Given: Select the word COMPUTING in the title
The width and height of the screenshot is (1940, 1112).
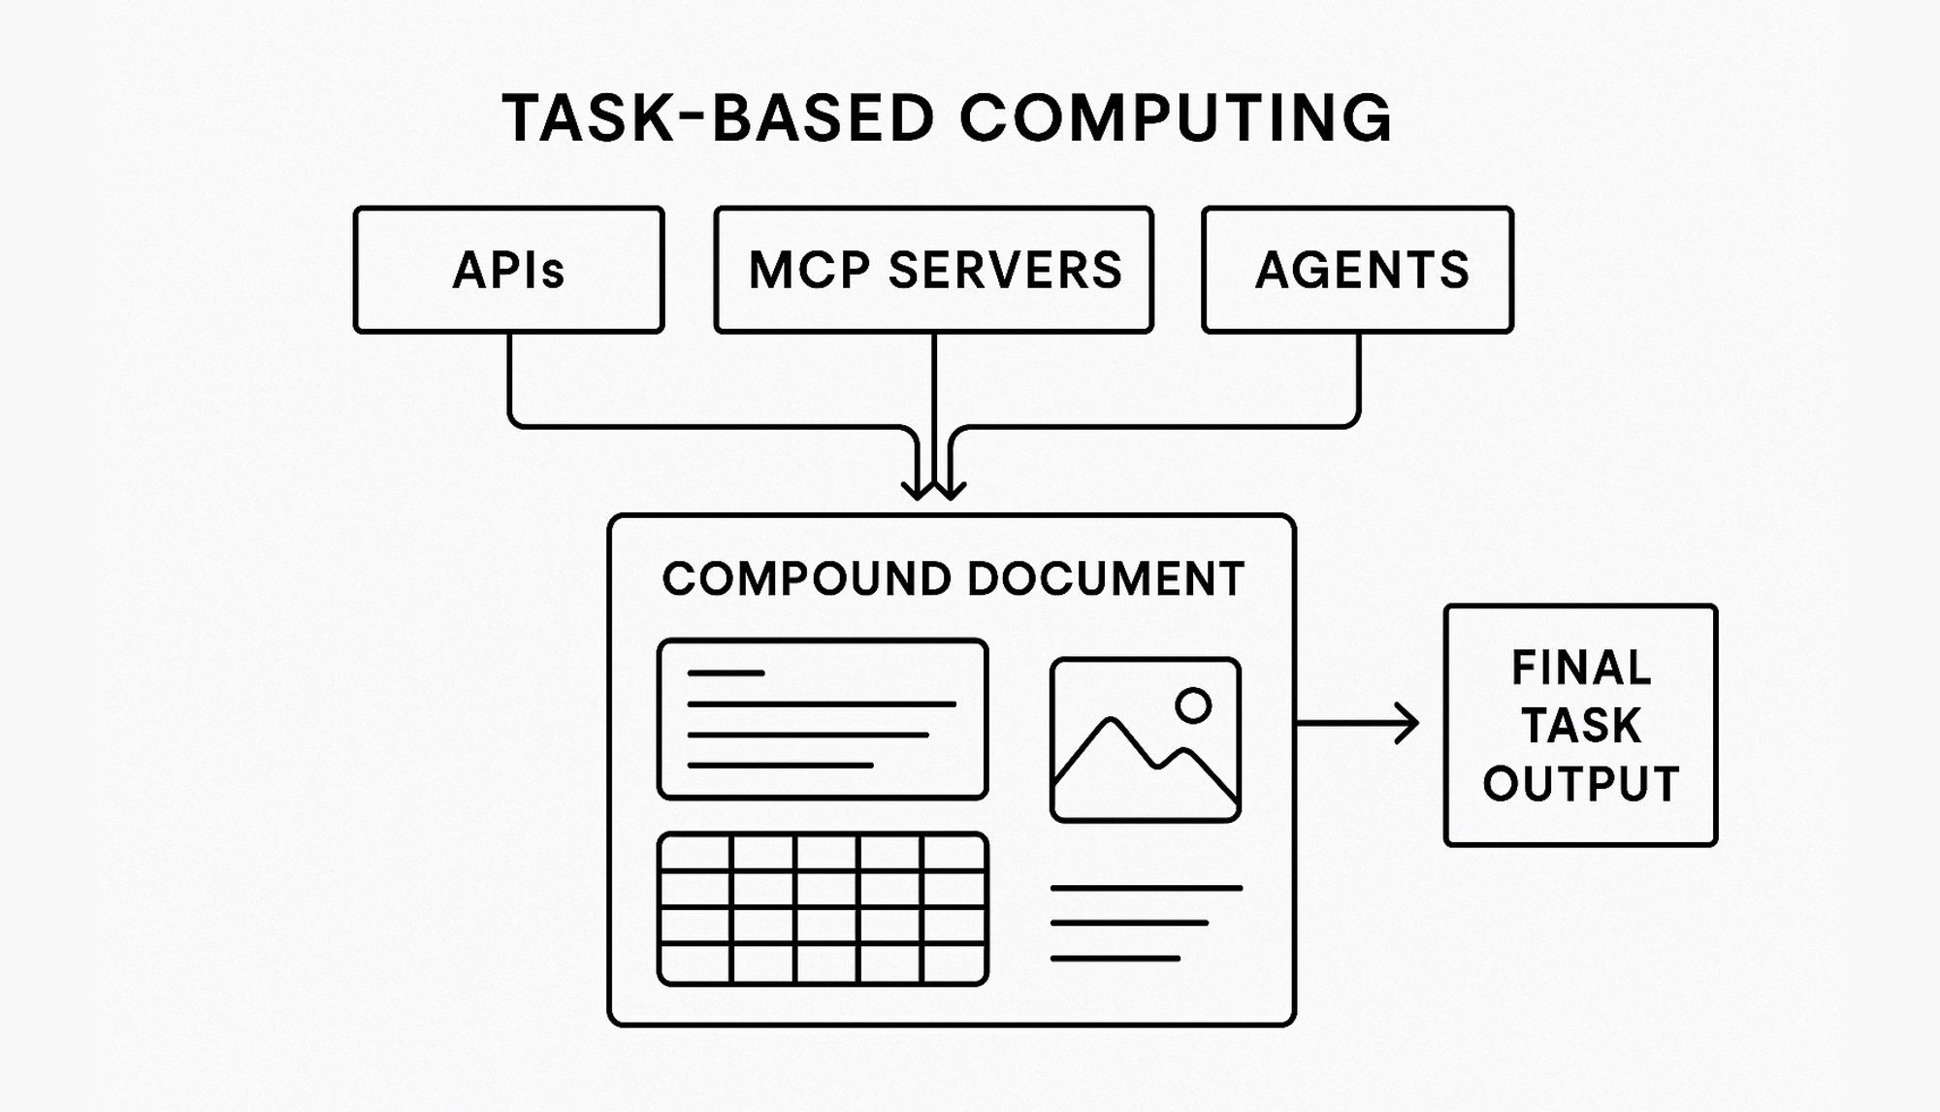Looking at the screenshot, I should tap(1175, 118).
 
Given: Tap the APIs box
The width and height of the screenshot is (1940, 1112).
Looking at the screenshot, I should tap(508, 270).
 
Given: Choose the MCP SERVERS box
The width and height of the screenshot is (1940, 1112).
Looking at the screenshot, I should tap(933, 270).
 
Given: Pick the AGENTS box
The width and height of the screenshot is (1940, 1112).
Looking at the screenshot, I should tap(1357, 270).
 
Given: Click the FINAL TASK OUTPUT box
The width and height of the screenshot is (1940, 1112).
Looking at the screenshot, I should tap(1580, 725).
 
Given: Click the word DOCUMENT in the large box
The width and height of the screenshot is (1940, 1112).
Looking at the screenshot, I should tap(1105, 579).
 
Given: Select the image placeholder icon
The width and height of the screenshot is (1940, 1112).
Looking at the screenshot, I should tap(1145, 739).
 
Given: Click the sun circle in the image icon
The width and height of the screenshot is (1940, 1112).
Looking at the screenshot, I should tap(1193, 705).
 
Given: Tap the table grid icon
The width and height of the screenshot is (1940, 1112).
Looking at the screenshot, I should tap(823, 908).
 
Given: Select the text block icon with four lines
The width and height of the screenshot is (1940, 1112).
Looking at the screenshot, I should tap(823, 719).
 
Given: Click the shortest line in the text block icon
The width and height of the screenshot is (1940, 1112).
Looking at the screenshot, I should tap(726, 672).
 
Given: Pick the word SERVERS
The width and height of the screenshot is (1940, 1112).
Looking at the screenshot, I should tap(1005, 270).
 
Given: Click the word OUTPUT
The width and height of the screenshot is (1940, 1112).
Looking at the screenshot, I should tap(1580, 784).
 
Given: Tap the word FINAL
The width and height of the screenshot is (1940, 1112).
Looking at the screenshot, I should tap(1580, 668).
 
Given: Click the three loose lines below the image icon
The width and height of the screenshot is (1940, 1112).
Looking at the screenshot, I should tap(1145, 923).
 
